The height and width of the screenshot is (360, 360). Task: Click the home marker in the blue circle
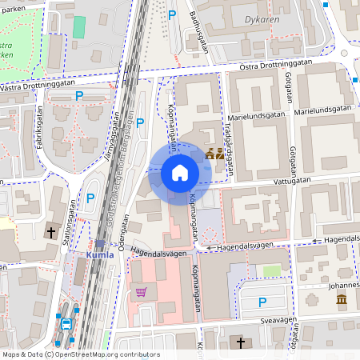click(x=179, y=172)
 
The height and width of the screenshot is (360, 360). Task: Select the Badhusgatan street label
click(x=198, y=31)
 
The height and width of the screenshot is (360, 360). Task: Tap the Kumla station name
click(x=100, y=255)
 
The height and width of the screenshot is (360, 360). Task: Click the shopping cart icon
click(x=142, y=292)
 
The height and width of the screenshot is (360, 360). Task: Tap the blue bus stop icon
click(x=66, y=323)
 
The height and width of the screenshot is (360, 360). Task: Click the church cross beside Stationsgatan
click(x=52, y=233)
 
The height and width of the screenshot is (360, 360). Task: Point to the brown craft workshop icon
click(x=214, y=154)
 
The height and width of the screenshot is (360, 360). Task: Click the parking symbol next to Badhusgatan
click(x=172, y=14)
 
